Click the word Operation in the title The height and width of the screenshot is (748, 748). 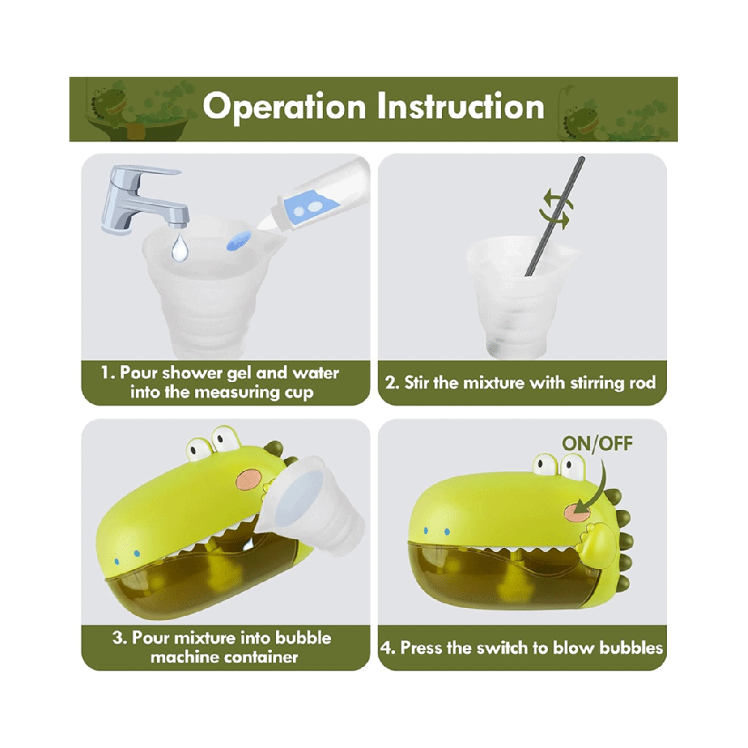[x=284, y=107]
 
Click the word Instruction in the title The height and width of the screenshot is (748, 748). [x=461, y=106]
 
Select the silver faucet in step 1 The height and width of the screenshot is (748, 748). [x=144, y=199]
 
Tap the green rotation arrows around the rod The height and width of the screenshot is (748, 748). [x=555, y=208]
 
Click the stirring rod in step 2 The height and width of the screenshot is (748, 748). [x=554, y=216]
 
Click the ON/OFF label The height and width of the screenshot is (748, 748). [x=598, y=443]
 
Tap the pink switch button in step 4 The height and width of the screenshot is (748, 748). [x=578, y=512]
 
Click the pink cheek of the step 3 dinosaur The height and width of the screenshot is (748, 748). [x=249, y=479]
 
